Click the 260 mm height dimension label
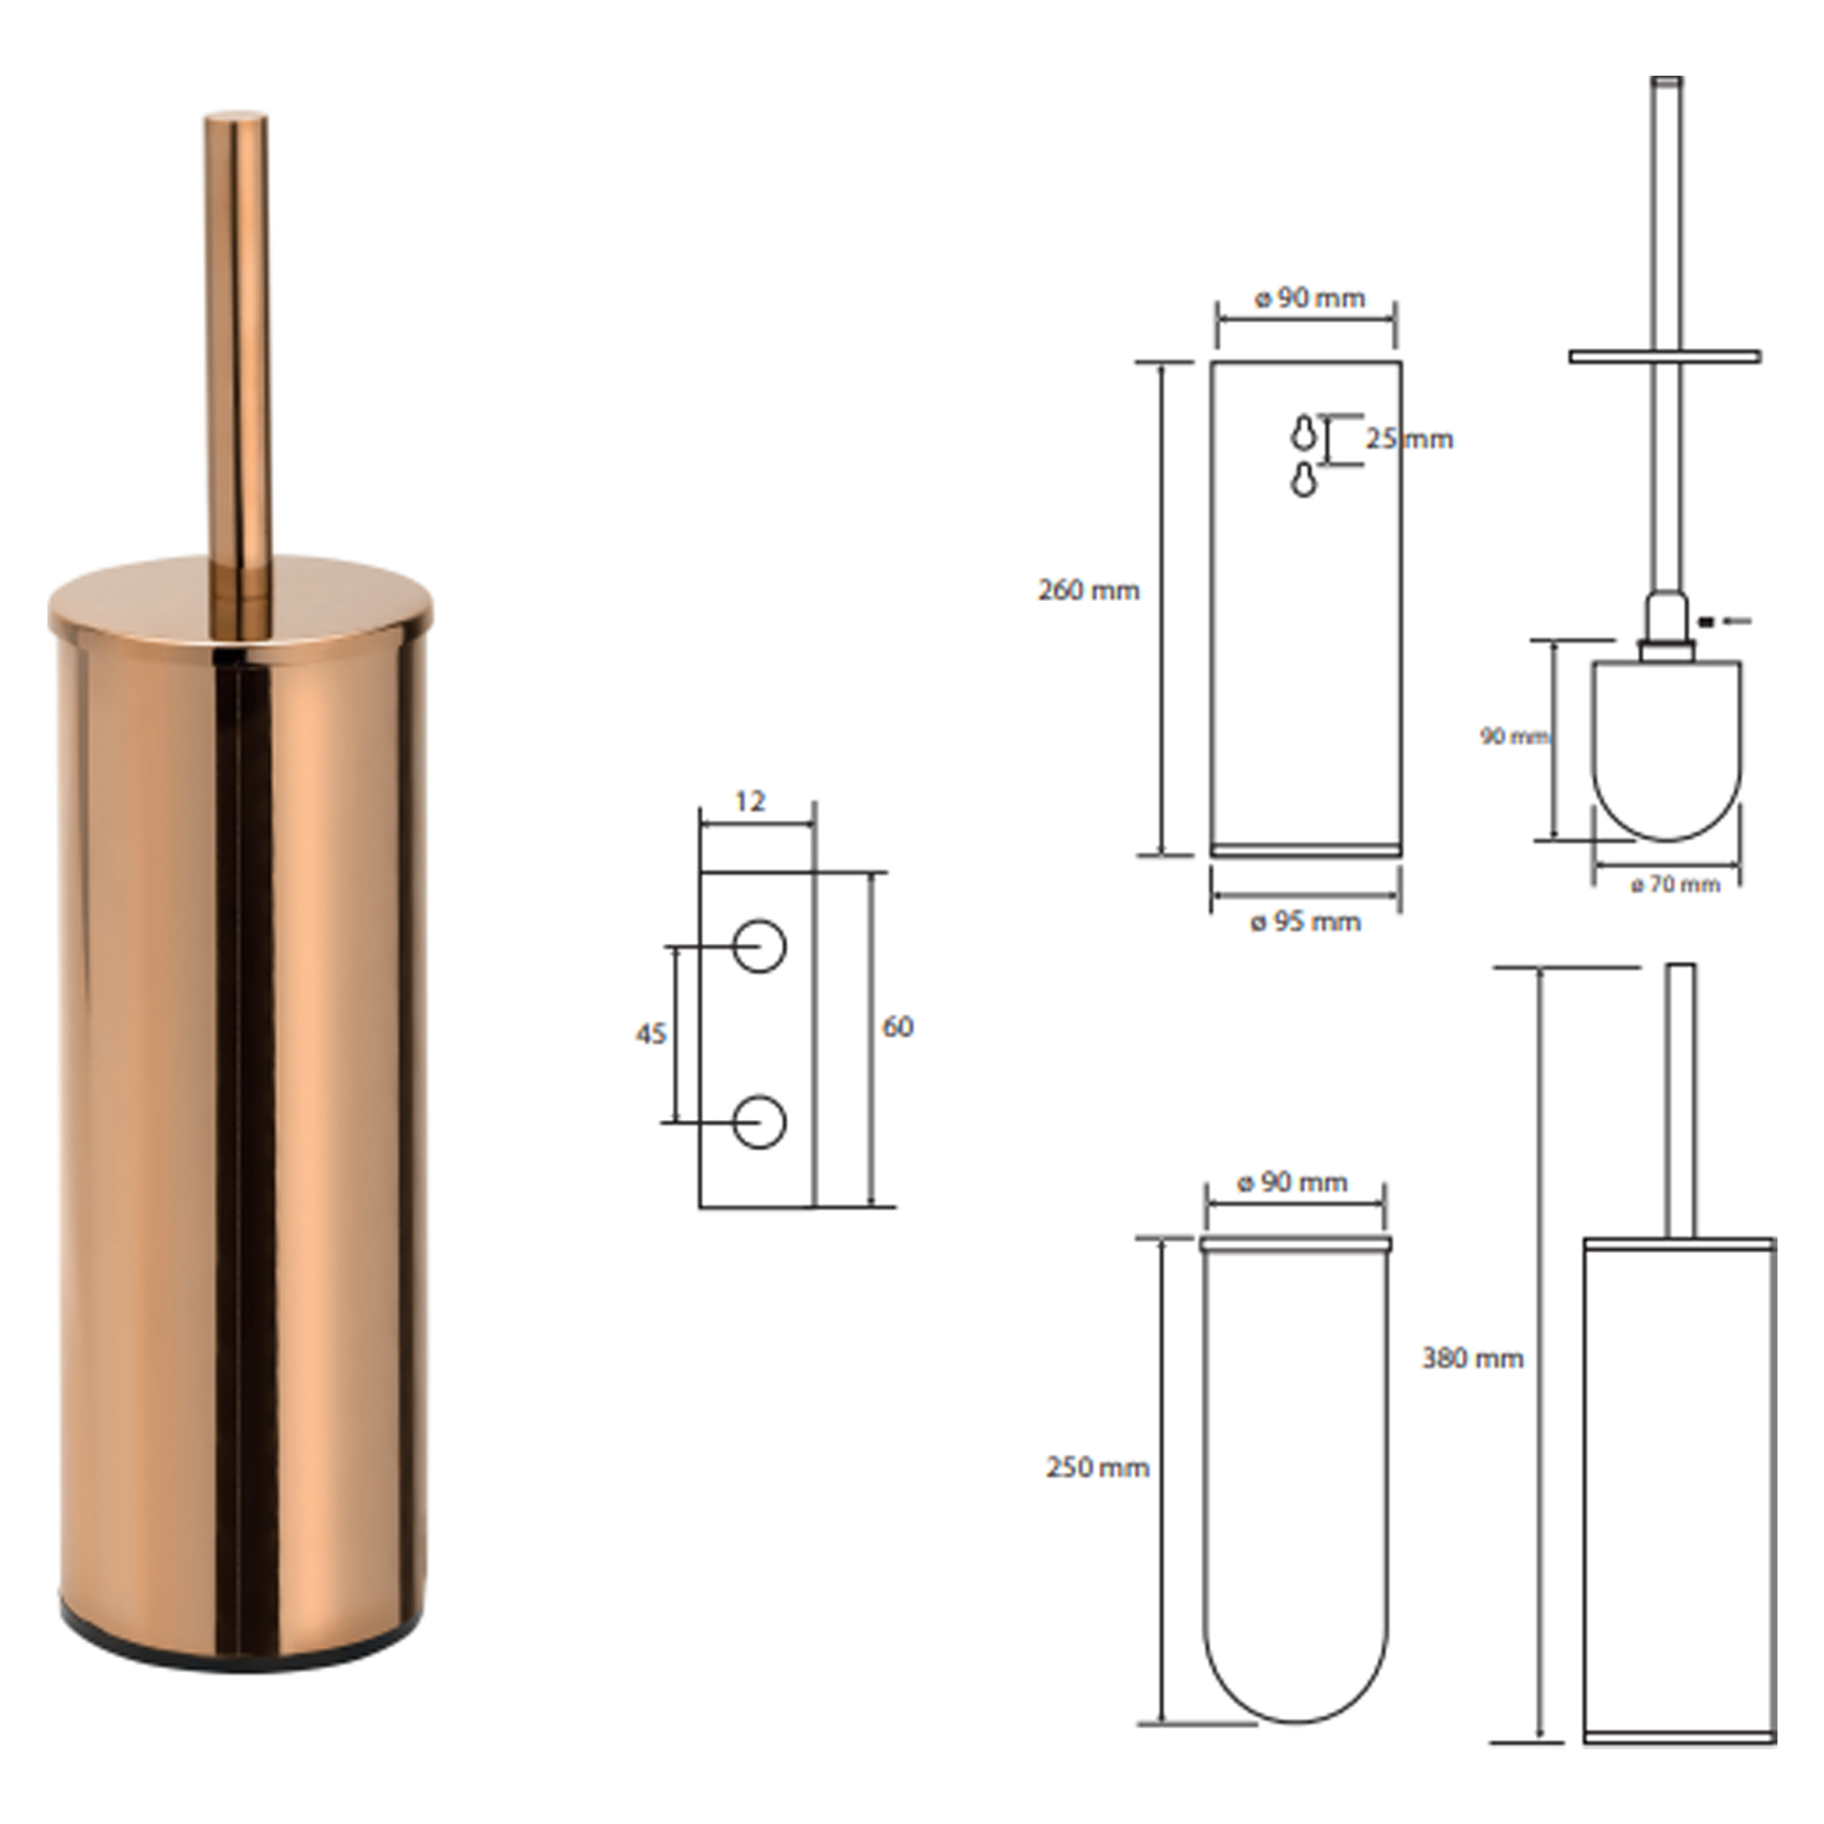click(1089, 591)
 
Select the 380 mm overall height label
click(1473, 1359)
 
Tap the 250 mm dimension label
click(1097, 1467)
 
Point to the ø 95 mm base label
click(1306, 921)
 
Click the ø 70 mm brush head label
click(1674, 885)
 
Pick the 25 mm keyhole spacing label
click(1410, 439)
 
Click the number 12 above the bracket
click(750, 802)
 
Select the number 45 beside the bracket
click(650, 1034)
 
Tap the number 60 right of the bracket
click(896, 1026)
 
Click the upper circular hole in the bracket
click(759, 945)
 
